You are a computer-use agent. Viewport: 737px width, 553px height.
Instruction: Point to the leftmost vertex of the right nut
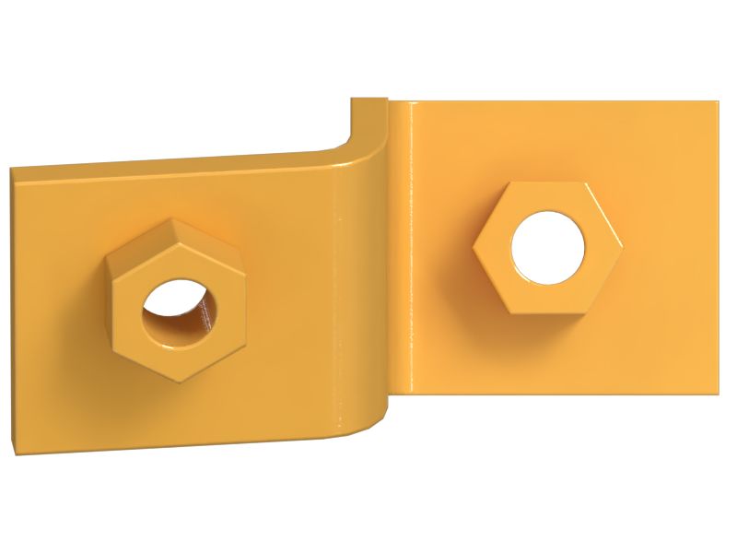[474, 246]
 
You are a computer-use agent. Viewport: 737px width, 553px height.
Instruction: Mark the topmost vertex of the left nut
[173, 219]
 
